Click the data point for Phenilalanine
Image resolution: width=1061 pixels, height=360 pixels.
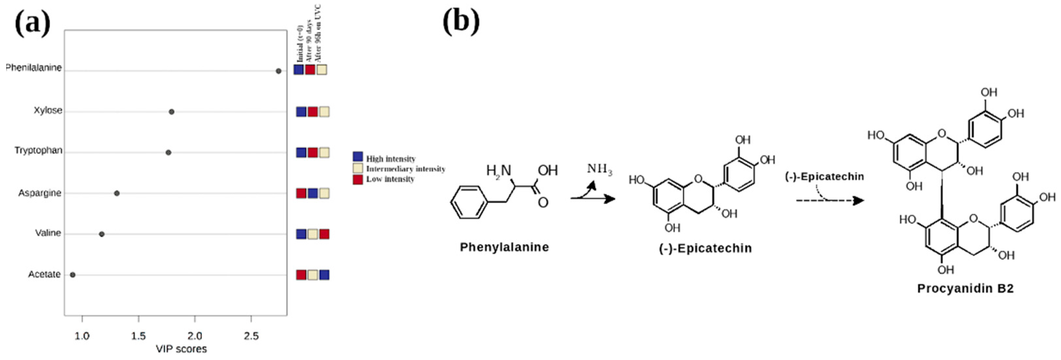click(x=278, y=71)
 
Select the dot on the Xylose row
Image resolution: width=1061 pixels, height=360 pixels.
click(x=171, y=112)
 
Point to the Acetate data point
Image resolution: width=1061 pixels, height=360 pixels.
click(x=73, y=275)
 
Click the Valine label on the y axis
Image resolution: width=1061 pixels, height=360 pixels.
click(x=48, y=233)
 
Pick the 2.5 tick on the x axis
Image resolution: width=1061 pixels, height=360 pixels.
click(x=251, y=336)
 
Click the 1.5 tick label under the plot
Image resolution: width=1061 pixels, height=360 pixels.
click(x=138, y=336)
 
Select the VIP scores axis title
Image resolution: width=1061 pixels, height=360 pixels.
click(x=181, y=349)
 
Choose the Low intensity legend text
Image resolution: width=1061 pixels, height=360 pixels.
click(x=390, y=179)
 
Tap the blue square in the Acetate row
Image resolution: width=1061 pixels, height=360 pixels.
click(x=324, y=275)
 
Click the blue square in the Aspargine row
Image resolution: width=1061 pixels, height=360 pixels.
click(x=313, y=193)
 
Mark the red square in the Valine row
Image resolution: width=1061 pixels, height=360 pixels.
click(x=324, y=234)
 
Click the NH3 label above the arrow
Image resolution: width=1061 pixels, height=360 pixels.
click(x=599, y=169)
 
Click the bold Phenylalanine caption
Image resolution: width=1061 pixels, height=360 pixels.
click(x=504, y=247)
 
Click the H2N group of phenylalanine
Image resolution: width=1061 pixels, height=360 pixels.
click(x=498, y=171)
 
